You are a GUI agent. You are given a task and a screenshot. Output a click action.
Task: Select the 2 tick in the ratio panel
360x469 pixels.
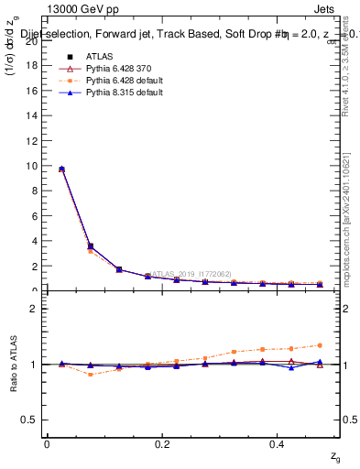33,309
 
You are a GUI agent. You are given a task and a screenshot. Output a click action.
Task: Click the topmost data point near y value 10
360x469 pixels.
61,169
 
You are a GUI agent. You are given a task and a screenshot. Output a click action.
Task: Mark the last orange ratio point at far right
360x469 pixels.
320,345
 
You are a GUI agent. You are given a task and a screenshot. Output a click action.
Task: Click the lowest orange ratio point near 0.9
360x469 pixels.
90,375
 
